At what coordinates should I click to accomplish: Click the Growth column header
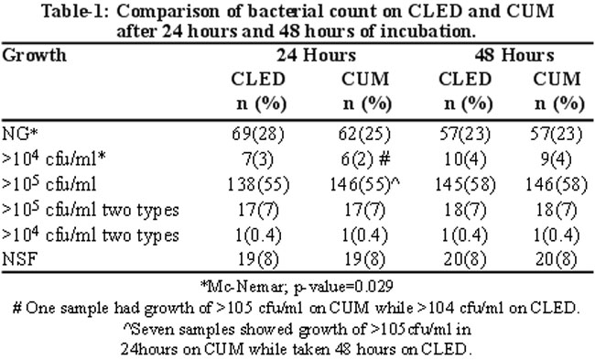point(35,56)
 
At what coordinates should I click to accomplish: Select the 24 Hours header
point(316,56)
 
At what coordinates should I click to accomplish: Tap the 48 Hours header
point(514,56)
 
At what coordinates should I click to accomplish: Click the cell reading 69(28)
point(258,135)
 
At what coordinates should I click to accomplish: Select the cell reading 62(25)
point(364,135)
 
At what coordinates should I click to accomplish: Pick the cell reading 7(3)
point(258,159)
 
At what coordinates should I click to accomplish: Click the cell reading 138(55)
point(258,185)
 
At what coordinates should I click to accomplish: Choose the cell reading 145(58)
point(465,185)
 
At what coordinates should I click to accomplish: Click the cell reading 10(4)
point(465,159)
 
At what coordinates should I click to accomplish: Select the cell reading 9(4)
point(557,159)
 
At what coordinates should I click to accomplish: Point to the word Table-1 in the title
point(75,11)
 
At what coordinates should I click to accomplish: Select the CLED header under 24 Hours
point(258,80)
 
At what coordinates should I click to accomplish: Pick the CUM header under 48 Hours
point(557,80)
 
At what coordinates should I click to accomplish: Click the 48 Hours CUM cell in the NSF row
point(557,260)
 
